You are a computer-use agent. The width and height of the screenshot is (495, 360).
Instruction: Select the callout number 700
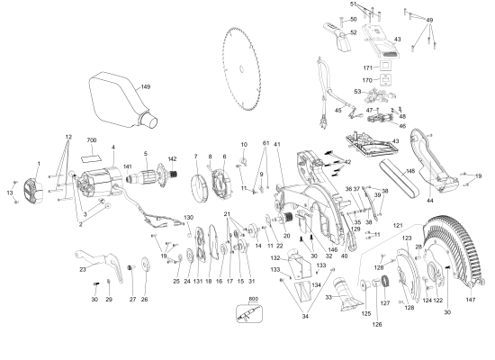(x=92, y=142)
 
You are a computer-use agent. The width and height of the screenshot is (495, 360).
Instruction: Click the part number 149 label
(x=145, y=87)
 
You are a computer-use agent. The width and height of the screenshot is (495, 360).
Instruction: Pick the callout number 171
(x=366, y=67)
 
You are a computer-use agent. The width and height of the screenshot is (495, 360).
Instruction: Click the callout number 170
(x=366, y=80)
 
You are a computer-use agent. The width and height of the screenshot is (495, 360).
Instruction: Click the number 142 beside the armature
(x=172, y=159)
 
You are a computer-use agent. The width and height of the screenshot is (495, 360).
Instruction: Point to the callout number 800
(x=253, y=298)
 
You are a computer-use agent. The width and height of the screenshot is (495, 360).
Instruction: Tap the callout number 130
(x=188, y=218)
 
